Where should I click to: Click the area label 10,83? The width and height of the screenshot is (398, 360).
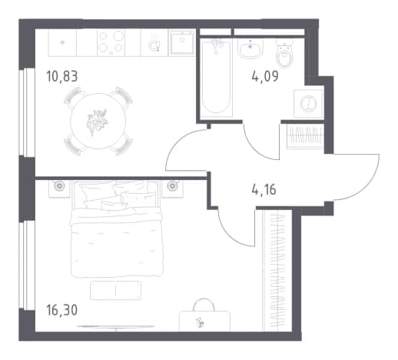pyautogui.click(x=62, y=77)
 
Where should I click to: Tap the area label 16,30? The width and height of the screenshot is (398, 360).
pyautogui.click(x=61, y=310)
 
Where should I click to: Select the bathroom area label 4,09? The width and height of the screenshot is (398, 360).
pyautogui.click(x=265, y=76)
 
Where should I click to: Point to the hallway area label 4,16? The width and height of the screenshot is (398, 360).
pyautogui.click(x=264, y=190)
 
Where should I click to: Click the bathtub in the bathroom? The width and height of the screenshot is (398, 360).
pyautogui.click(x=217, y=78)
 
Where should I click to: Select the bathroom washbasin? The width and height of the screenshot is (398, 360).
pyautogui.click(x=250, y=48)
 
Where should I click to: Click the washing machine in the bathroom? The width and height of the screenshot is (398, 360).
pyautogui.click(x=309, y=104)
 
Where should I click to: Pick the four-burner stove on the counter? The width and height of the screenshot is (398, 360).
pyautogui.click(x=111, y=43)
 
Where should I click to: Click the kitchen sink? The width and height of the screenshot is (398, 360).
pyautogui.click(x=181, y=42)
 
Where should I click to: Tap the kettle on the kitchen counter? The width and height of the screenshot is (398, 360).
pyautogui.click(x=154, y=45)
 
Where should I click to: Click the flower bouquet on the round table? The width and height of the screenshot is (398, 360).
pyautogui.click(x=97, y=121)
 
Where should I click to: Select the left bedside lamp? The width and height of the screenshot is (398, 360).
pyautogui.click(x=59, y=185)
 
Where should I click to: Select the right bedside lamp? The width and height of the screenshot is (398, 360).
pyautogui.click(x=172, y=185)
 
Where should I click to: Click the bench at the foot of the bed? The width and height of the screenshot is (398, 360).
pyautogui.click(x=115, y=290)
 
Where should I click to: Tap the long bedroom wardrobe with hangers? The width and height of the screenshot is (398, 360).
pyautogui.click(x=277, y=271)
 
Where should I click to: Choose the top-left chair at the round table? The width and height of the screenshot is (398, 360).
pyautogui.click(x=72, y=95)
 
